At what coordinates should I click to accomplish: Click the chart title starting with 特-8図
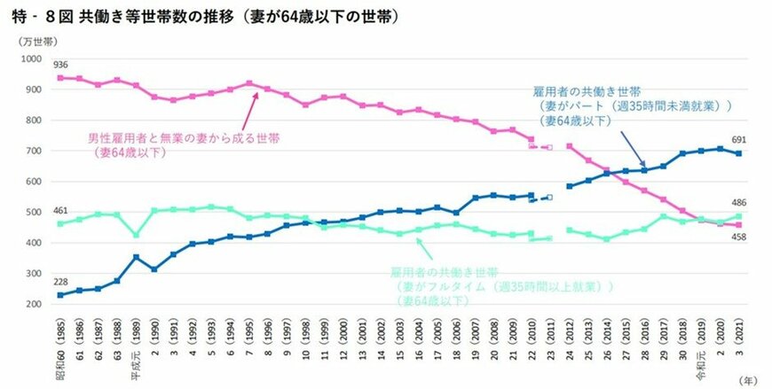coord(200,17)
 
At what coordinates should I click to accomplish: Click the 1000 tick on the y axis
coord(30,58)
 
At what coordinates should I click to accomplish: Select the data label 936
coord(60,65)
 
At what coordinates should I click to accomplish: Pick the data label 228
coord(60,283)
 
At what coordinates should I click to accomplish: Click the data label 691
coord(739,140)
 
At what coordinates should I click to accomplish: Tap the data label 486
coord(739,203)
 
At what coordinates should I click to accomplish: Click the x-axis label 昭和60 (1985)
coord(59,341)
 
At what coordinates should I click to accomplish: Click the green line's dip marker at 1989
coord(136,235)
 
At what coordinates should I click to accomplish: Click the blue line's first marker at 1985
coord(59,295)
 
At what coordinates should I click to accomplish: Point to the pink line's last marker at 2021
coord(738,225)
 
